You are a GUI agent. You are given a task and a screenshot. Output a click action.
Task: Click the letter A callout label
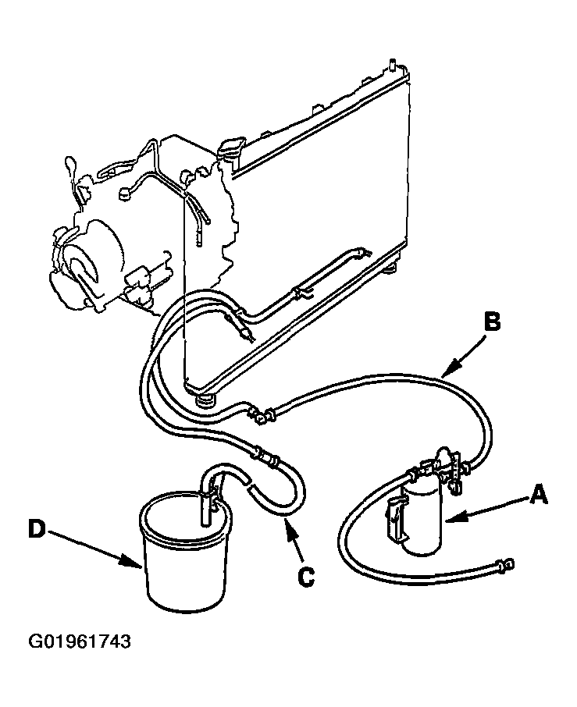pos(539,494)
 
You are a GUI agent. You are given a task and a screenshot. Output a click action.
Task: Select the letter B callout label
pos(492,323)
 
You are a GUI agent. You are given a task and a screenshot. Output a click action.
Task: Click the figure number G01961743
pos(80,641)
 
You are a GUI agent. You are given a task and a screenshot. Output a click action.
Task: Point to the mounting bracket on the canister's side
pos(394,517)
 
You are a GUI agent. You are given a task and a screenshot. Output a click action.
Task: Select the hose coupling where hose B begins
pos(261,414)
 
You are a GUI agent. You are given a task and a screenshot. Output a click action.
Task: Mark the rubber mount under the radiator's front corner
pos(205,400)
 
